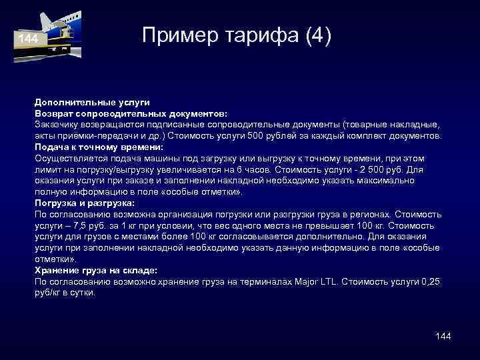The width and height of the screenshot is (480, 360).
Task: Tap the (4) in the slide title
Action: pyautogui.click(x=317, y=35)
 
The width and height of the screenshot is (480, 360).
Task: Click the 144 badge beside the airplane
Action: pyautogui.click(x=28, y=39)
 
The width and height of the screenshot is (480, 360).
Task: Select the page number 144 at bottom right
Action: pyautogui.click(x=443, y=336)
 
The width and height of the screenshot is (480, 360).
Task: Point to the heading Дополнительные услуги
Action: pyautogui.click(x=92, y=102)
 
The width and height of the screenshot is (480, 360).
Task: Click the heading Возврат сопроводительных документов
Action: pyautogui.click(x=131, y=113)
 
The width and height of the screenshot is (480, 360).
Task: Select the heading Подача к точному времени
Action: pyautogui.click(x=99, y=147)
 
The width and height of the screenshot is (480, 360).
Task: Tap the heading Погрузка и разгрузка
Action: pyautogui.click(x=85, y=203)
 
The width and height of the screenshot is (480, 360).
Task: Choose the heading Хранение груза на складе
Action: pyautogui.click(x=96, y=270)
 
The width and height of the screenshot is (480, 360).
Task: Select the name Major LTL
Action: pyautogui.click(x=315, y=281)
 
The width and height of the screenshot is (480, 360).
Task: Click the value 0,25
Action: pyautogui.click(x=430, y=281)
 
